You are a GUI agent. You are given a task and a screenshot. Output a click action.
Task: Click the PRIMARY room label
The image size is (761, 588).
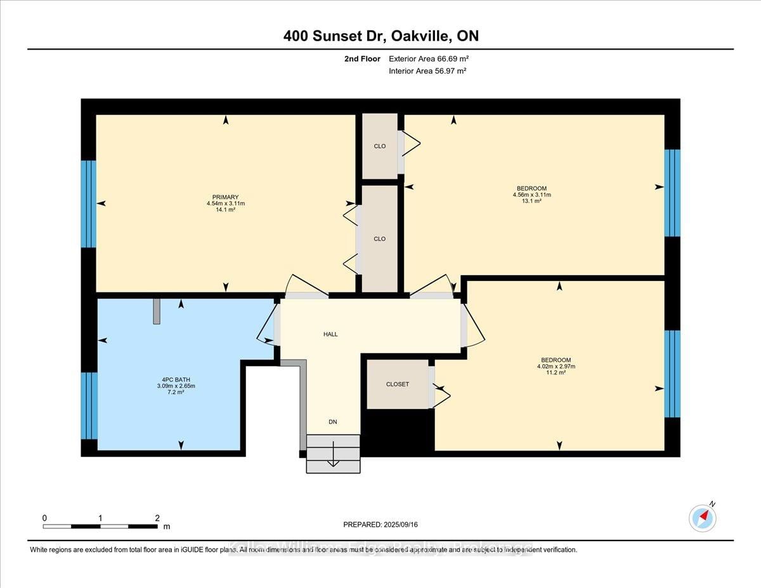(226, 197)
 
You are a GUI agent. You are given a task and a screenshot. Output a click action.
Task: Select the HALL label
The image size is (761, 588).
(330, 334)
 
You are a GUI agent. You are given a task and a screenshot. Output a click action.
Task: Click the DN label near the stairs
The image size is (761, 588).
(333, 422)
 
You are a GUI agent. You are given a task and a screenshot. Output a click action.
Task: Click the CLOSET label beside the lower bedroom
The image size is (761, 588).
(398, 384)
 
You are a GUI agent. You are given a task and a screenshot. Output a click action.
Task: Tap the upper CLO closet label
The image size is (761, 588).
(379, 147)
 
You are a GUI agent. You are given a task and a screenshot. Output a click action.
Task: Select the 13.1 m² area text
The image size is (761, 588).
(531, 201)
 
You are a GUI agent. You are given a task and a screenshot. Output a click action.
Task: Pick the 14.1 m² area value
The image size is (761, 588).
(226, 210)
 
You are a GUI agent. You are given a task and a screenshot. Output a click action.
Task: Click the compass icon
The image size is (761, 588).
(703, 518)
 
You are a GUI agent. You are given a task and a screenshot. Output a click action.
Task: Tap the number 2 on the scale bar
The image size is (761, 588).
(157, 518)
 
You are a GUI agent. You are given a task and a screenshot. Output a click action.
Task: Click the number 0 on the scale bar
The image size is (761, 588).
(44, 518)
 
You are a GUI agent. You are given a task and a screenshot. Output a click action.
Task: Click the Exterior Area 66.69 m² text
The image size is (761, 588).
(429, 59)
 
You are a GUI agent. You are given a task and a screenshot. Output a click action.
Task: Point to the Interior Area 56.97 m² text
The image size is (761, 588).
(427, 71)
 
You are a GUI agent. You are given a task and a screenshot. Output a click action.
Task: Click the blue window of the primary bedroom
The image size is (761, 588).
(89, 204)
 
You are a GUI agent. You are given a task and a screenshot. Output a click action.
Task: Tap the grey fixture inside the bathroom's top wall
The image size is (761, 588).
(157, 311)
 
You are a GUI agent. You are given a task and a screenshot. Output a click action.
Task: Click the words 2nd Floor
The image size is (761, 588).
(362, 59)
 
